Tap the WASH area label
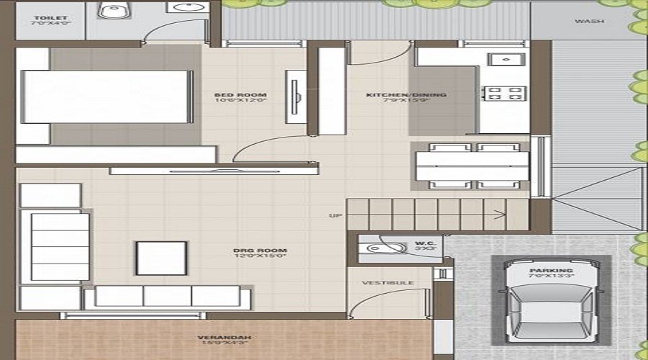[588, 21]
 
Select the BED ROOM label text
[240, 95]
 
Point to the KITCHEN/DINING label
[406, 95]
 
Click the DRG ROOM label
[250, 251]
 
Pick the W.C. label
[422, 243]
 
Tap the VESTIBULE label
[387, 283]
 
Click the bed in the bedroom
[108, 97]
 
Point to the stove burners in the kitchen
[505, 94]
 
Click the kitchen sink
[505, 60]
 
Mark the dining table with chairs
[469, 165]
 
